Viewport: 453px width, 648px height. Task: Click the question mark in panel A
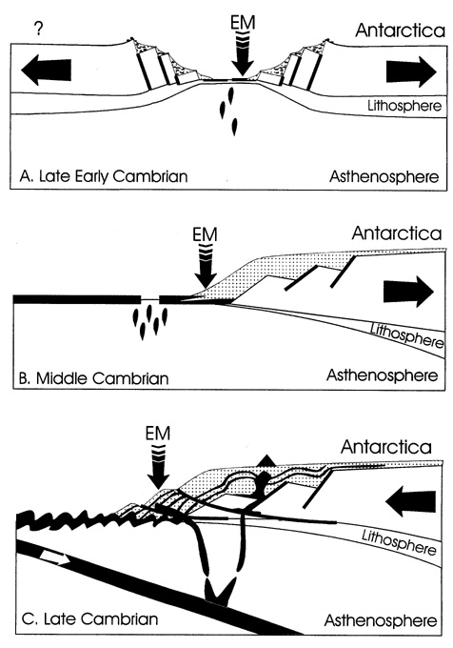38,29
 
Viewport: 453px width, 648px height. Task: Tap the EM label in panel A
242,22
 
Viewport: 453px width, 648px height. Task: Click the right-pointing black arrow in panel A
411,71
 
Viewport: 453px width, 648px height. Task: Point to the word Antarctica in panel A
401,30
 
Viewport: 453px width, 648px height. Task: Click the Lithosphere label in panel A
404,106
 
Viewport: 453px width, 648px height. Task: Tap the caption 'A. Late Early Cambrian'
104,176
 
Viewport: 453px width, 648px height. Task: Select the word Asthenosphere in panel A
384,176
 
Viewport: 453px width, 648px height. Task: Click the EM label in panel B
205,234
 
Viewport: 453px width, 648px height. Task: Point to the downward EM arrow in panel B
205,267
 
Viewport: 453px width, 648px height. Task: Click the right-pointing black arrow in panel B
408,292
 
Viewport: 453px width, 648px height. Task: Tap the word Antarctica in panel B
397,233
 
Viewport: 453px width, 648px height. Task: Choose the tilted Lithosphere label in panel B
406,335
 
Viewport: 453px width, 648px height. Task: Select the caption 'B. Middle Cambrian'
94,378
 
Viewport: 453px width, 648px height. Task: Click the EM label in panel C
158,434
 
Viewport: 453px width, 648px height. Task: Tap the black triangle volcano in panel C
266,460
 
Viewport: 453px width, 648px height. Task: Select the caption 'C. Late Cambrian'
89,618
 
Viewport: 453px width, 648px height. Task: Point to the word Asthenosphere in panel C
381,620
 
